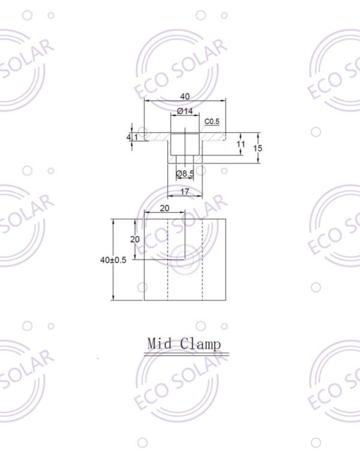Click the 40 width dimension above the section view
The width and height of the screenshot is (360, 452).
pyautogui.click(x=185, y=97)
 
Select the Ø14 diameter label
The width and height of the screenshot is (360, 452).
pyautogui.click(x=185, y=112)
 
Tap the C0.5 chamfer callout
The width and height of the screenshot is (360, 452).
pyautogui.click(x=212, y=122)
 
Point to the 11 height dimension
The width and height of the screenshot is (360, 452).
pyautogui.click(x=241, y=144)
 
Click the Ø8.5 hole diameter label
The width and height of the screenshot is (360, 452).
pyautogui.click(x=185, y=174)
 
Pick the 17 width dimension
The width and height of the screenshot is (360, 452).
pyautogui.click(x=185, y=192)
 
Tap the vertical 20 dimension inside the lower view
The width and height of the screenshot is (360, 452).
pyautogui.click(x=136, y=239)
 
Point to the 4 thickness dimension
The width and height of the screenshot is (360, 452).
pyautogui.click(x=128, y=137)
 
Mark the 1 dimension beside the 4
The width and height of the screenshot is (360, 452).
pyautogui.click(x=136, y=137)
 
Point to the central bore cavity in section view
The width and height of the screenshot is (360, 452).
pyautogui.click(x=185, y=144)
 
